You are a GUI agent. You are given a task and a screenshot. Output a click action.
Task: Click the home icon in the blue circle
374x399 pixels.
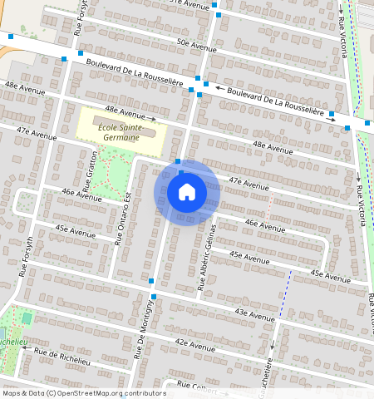click(187, 192)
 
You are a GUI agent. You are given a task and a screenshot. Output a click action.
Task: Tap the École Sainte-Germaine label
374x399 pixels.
click(121, 132)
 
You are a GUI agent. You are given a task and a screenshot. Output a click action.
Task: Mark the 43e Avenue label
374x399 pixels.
click(254, 313)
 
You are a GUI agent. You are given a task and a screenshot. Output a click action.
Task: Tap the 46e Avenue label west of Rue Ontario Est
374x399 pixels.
click(81, 196)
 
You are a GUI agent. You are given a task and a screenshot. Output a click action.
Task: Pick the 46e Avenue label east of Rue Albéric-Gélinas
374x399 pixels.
click(265, 225)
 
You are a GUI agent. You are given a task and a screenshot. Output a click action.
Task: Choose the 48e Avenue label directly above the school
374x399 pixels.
click(124, 111)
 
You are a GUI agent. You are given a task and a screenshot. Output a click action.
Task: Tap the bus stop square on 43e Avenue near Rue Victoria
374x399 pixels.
click(368, 293)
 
